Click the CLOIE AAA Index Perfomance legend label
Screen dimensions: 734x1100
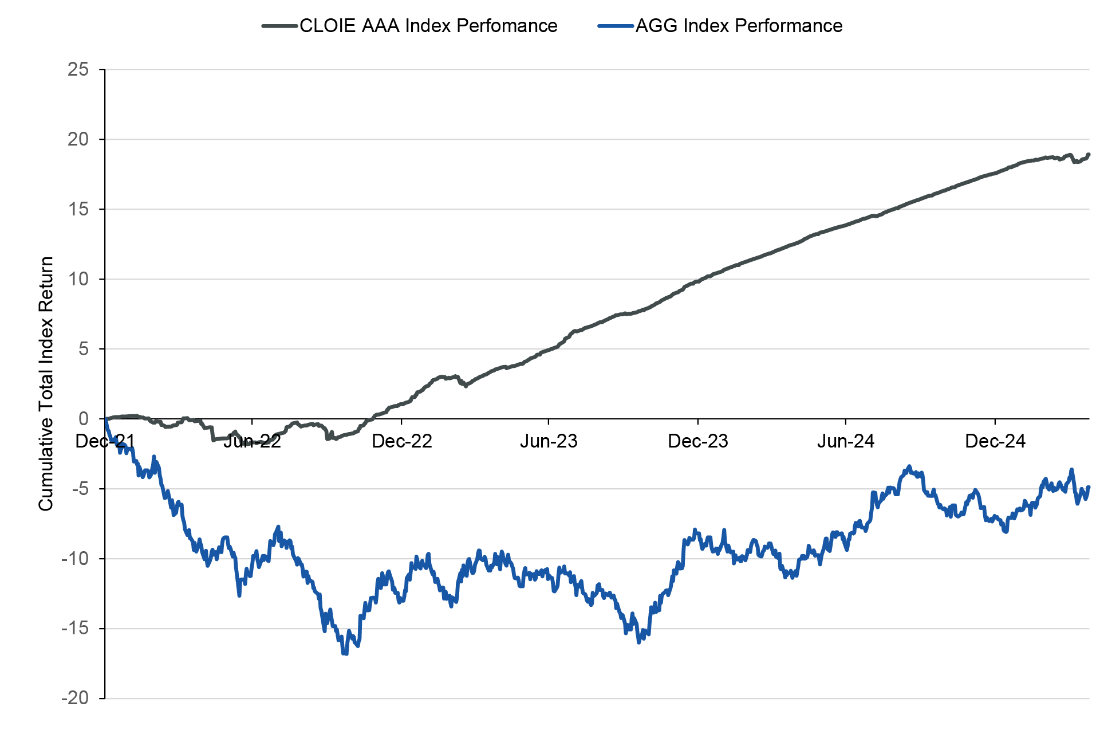[428, 26]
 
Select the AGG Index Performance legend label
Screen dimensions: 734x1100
[739, 26]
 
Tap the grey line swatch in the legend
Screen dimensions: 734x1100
[280, 26]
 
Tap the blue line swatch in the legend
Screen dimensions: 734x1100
[616, 26]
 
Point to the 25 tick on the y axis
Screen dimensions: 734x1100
[78, 70]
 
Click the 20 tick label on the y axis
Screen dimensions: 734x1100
[78, 139]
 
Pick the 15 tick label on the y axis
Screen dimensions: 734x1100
[78, 209]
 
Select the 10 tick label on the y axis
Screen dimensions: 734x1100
[78, 279]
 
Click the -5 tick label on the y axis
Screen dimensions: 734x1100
[78, 489]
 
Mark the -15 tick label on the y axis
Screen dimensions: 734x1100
[75, 629]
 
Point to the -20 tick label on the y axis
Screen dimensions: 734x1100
[75, 698]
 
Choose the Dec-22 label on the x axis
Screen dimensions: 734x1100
[402, 441]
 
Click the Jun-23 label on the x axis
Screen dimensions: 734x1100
[549, 441]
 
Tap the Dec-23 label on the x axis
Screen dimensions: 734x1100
[697, 441]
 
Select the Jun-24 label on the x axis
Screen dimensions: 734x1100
[846, 441]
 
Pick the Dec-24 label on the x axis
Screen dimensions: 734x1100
[995, 441]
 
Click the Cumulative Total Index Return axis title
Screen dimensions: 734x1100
[46, 383]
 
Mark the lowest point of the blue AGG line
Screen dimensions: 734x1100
[345, 653]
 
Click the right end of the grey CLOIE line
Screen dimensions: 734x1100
[1088, 154]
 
